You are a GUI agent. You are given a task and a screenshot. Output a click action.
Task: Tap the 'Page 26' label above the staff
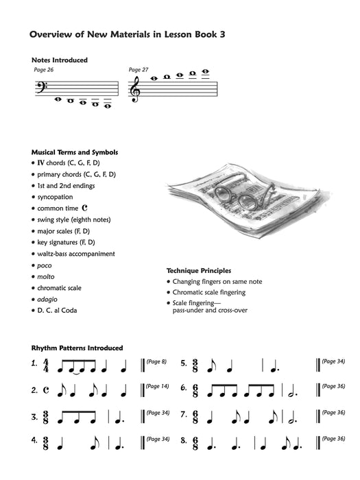[43, 70]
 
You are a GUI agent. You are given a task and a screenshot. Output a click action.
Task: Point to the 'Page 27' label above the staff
[139, 70]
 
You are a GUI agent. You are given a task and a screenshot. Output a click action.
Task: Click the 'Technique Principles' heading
[198, 271]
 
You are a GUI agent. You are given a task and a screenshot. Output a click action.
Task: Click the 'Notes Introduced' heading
[60, 60]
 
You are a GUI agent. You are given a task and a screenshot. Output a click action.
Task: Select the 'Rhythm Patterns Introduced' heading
[77, 348]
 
